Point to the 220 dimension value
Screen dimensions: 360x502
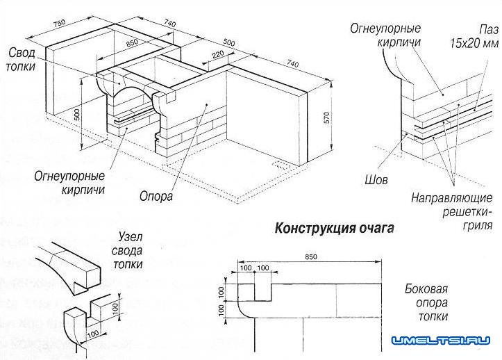point(217,54)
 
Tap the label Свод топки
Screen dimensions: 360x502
point(26,61)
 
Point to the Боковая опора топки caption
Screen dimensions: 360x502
point(426,303)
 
